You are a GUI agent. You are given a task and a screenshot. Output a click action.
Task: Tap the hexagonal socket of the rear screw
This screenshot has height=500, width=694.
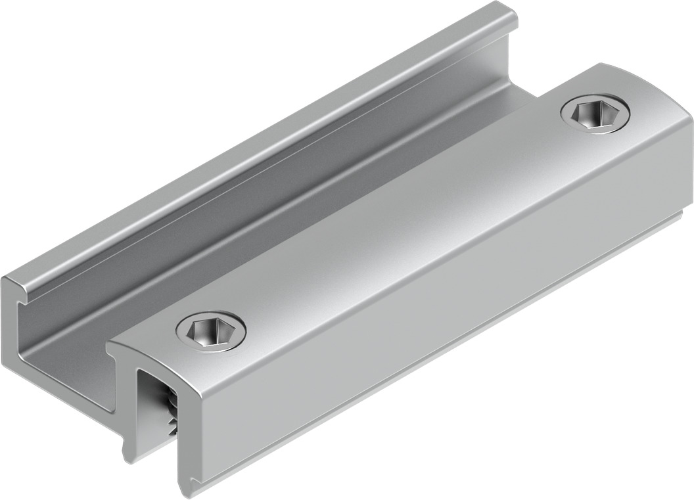tap(595, 115)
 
